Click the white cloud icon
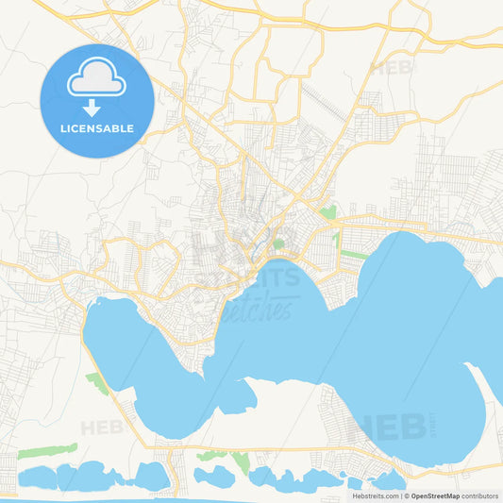click(x=97, y=81)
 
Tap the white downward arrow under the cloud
click(x=97, y=108)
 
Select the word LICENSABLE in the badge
click(x=97, y=128)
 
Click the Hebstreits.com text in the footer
click(x=375, y=495)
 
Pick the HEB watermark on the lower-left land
click(x=101, y=428)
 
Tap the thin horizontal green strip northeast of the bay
click(x=354, y=254)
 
